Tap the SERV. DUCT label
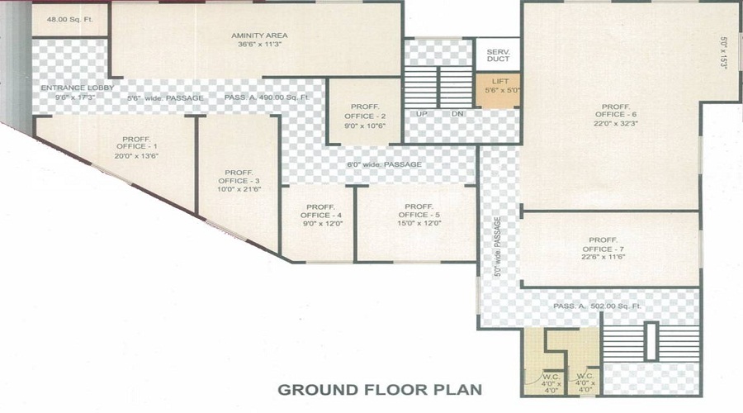pos(499,56)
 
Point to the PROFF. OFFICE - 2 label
pos(364,116)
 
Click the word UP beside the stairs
pos(422,113)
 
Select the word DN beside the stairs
pos(457,113)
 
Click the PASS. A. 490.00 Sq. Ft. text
pos(267,97)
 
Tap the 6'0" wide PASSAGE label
pos(384,164)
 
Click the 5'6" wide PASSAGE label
pos(165,97)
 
